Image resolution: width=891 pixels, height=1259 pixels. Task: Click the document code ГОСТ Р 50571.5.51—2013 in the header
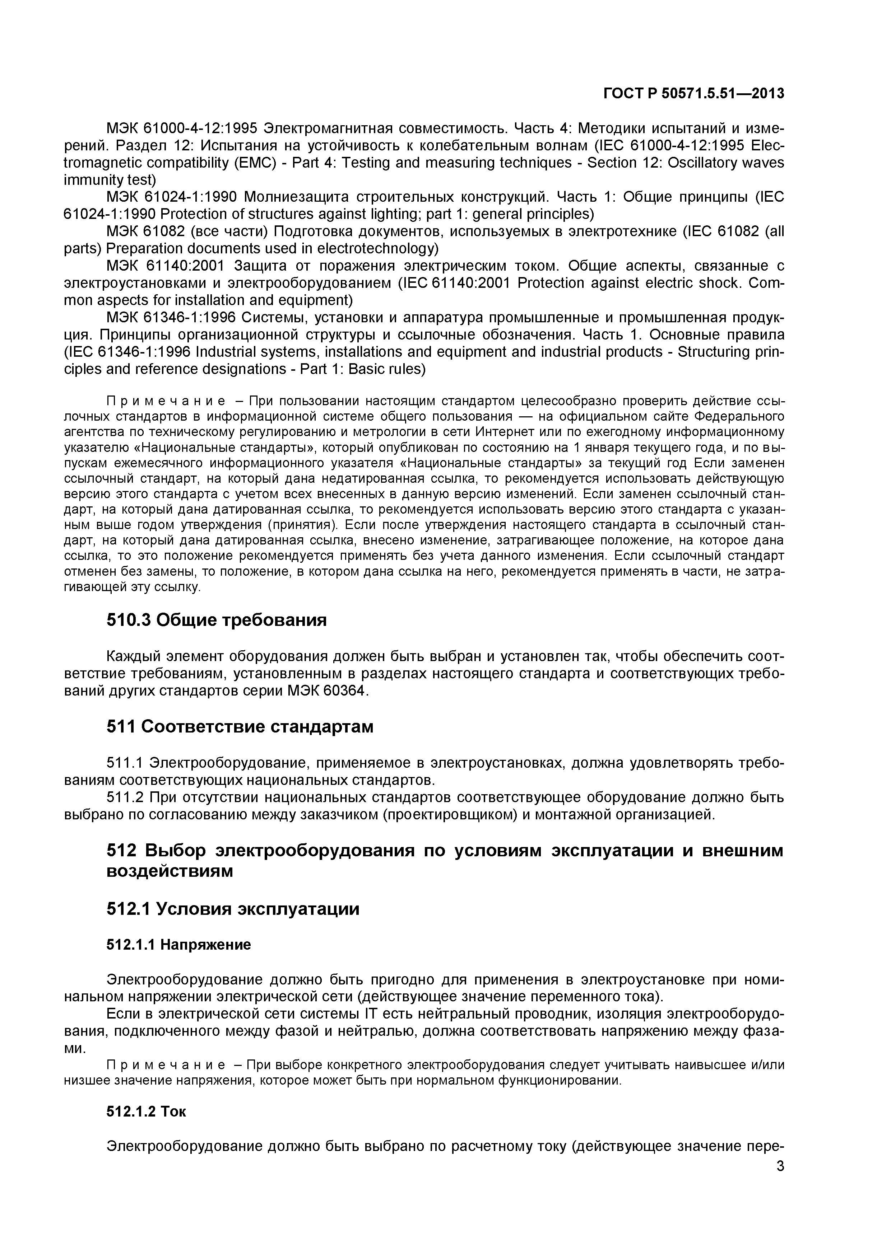point(693,94)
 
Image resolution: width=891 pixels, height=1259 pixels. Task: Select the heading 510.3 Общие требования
point(216,620)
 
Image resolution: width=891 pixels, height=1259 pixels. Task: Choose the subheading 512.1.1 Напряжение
point(178,944)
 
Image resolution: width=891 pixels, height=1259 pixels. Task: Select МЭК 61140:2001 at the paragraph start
point(166,266)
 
